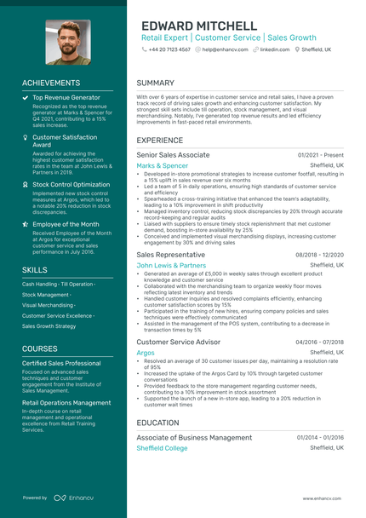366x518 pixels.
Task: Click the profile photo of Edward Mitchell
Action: coord(68,42)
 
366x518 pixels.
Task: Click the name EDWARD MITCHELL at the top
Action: coord(198,26)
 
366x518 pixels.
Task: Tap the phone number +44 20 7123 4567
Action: coord(169,50)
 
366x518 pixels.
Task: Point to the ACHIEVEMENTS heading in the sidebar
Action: coord(51,83)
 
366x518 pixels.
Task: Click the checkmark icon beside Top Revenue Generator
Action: coord(25,98)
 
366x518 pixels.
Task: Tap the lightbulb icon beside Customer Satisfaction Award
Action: coord(25,136)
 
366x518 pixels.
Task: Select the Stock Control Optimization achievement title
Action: coord(71,184)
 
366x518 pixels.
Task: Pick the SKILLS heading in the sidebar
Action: coord(35,269)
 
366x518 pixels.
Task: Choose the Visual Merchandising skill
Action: coord(48,304)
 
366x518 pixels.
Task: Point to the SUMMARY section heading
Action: coord(155,83)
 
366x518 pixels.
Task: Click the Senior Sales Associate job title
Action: coord(173,155)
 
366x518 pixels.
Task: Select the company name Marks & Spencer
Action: coord(163,165)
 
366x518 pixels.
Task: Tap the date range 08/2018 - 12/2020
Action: coord(319,255)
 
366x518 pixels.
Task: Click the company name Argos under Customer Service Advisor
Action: coord(146,352)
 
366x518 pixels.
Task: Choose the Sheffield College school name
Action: coord(162,447)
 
